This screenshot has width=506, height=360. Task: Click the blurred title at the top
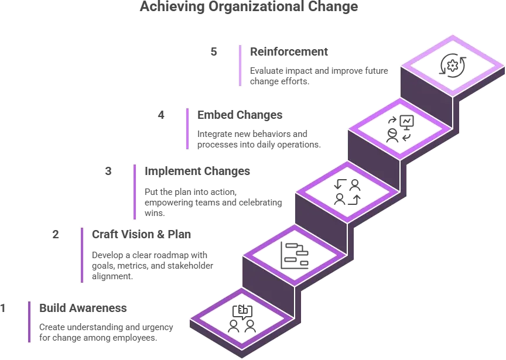[248, 8]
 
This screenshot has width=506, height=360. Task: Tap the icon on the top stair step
[452, 65]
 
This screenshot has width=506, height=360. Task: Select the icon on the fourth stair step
[401, 128]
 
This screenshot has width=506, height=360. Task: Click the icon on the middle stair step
[348, 191]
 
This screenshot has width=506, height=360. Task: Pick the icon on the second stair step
[293, 256]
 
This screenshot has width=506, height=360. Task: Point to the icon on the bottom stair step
[242, 319]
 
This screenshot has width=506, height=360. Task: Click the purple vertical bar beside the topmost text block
[239, 65]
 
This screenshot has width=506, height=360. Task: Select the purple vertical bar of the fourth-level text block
[187, 128]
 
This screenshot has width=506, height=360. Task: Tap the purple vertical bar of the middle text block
[135, 191]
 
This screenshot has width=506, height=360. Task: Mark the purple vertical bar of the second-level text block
[82, 255]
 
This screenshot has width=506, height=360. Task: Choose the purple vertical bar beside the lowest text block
[28, 322]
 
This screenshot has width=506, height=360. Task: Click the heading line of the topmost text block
[288, 52]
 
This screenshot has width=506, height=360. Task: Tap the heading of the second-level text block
[141, 234]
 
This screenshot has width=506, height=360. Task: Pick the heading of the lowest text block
[84, 308]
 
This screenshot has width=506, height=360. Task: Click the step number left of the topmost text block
[215, 52]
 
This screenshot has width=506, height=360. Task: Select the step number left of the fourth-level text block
[162, 115]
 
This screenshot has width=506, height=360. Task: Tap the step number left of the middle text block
[107, 172]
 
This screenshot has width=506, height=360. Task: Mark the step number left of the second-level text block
[56, 234]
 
